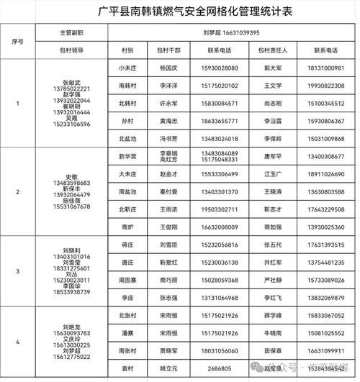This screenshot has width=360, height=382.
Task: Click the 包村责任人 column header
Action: click(272, 50)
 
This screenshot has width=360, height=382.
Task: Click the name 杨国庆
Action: click(168, 68)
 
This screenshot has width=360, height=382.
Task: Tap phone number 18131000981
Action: click(319, 68)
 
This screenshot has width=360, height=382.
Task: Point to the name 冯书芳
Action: click(168, 137)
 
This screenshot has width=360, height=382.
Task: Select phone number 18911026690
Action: click(319, 173)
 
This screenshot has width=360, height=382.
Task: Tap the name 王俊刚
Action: click(168, 226)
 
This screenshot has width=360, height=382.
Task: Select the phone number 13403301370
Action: click(220, 191)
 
